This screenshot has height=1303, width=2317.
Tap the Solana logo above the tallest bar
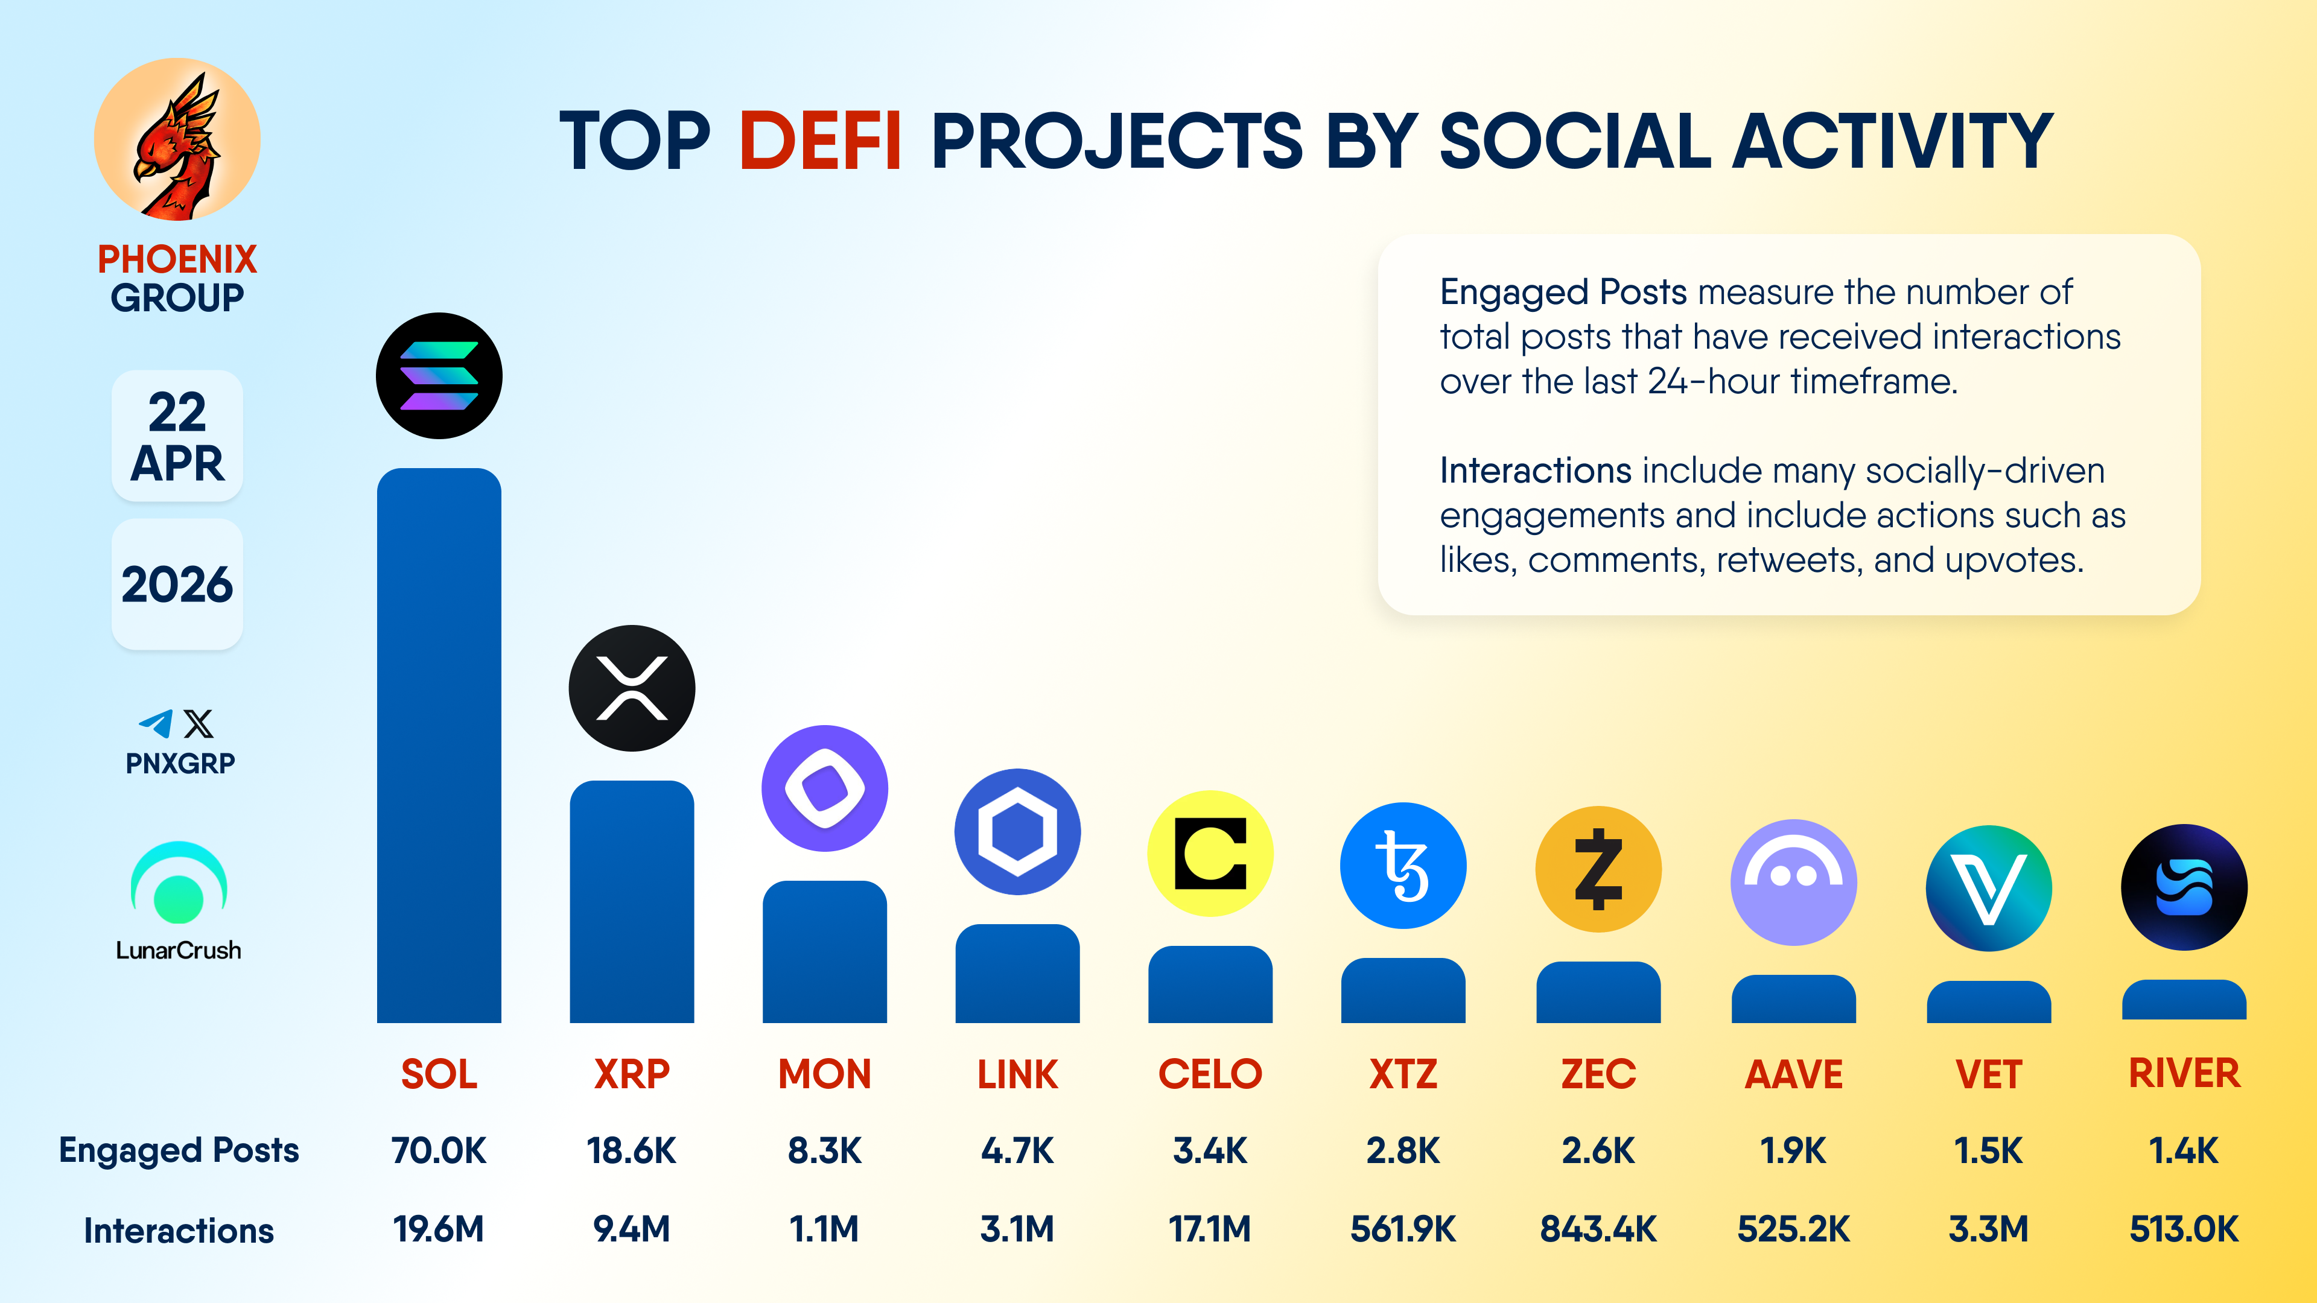439,376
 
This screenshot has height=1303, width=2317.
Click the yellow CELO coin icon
1210,854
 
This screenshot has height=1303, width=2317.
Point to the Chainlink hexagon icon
1017,832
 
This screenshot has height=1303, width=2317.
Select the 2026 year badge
177,585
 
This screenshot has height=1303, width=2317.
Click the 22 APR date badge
177,436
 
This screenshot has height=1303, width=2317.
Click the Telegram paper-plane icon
156,724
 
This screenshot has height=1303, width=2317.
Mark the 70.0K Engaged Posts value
439,1150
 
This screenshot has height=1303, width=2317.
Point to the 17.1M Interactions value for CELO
1210,1228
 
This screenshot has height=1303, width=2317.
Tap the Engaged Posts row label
179,1150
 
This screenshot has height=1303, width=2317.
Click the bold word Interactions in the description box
1536,471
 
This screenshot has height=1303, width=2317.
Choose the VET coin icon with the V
1989,887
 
